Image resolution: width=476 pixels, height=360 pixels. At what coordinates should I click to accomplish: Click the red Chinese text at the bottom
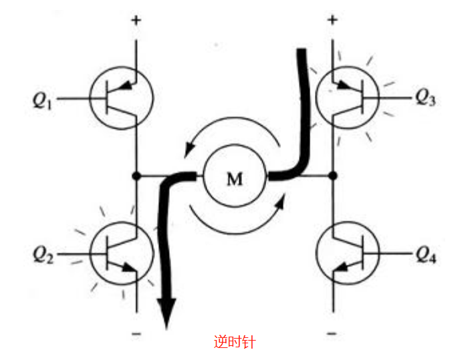[234, 342]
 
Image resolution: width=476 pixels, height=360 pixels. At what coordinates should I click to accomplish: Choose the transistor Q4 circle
[347, 255]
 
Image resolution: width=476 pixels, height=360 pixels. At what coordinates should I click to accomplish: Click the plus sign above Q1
[136, 20]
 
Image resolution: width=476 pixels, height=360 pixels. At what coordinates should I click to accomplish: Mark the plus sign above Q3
[332, 20]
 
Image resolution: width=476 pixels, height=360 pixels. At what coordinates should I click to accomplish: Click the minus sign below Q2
[136, 331]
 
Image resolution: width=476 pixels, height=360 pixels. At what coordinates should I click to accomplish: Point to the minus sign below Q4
[332, 331]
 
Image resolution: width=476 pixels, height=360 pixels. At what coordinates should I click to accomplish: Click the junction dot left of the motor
[136, 176]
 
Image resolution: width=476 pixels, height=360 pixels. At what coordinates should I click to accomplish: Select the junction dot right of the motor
[332, 176]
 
